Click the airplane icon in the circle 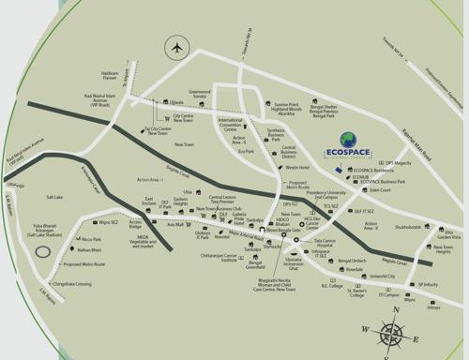coord(174,48)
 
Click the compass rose coord(392,333)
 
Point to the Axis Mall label coord(174,225)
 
